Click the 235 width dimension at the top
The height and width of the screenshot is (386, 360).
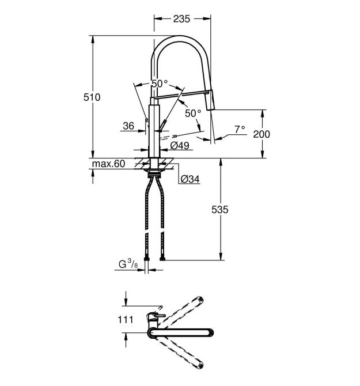(181, 19)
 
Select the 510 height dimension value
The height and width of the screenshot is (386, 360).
(92, 97)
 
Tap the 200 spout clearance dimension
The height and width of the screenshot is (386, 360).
(262, 134)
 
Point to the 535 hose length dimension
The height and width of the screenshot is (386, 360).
(219, 210)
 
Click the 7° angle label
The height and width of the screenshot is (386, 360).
(240, 129)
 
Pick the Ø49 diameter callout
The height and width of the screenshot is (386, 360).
(180, 146)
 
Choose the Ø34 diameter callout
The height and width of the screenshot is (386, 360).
(190, 179)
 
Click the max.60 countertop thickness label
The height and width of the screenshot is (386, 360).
(108, 164)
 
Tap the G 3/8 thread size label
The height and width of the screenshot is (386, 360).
(128, 263)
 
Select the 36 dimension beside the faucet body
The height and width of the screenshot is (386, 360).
(128, 126)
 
